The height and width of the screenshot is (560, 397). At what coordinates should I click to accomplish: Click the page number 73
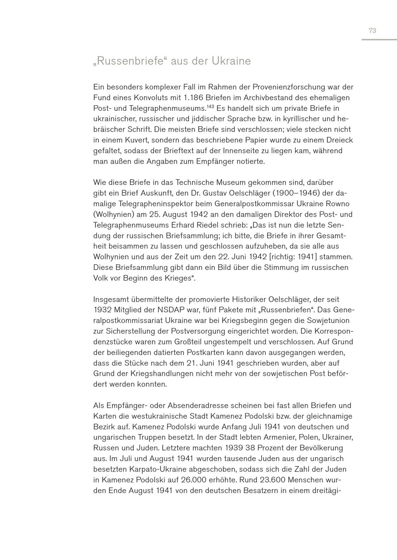point(372,31)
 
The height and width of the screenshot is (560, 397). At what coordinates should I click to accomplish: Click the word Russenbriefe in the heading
point(129,61)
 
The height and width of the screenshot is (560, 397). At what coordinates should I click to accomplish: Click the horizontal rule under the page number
point(379,40)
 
